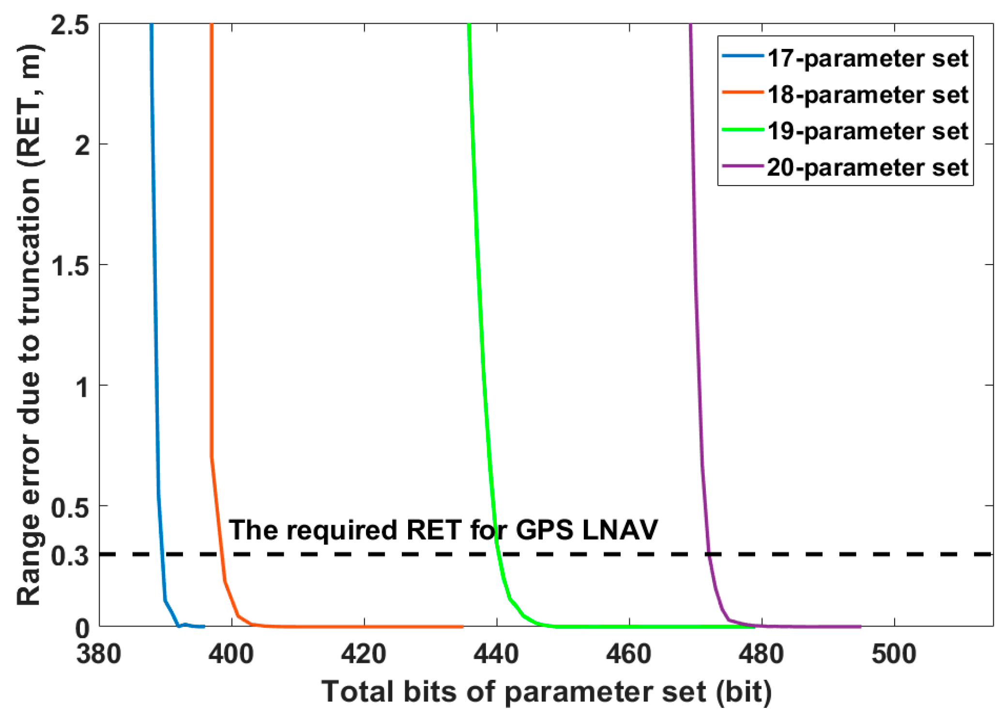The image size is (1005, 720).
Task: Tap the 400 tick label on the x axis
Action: point(231,654)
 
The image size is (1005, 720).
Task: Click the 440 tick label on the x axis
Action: point(496,654)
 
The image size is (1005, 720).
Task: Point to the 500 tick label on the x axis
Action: point(894,654)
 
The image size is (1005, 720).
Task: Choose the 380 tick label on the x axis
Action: point(99,654)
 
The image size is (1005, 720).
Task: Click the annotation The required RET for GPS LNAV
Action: point(443,529)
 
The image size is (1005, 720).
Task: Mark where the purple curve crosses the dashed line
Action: point(708,554)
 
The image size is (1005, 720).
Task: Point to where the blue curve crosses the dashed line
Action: point(162,554)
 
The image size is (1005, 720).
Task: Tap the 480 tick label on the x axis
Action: point(761,654)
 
